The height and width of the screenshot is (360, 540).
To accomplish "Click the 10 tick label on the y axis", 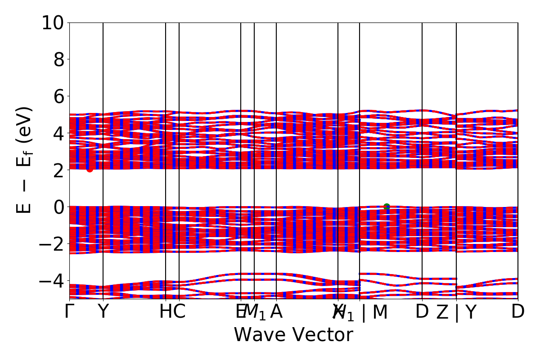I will [53, 22].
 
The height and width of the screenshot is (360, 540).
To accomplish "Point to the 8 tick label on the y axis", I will [59, 59].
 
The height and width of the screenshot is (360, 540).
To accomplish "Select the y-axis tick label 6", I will [59, 96].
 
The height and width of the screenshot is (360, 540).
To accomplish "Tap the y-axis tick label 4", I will [59, 133].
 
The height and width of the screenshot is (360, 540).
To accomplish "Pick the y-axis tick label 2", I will [59, 170].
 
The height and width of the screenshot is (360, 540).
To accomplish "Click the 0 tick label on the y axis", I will [59, 207].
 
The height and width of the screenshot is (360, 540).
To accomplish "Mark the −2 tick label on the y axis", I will [53, 244].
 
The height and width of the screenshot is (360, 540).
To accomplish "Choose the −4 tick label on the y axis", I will [53, 281].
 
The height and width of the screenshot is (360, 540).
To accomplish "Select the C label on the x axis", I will [179, 311].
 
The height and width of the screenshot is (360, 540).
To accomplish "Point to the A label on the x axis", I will [276, 311].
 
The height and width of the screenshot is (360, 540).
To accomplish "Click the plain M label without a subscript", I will [380, 311].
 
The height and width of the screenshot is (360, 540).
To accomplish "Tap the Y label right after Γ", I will [103, 311].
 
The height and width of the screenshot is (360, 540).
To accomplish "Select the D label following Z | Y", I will [518, 311].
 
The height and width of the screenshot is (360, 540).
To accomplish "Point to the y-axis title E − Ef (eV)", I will [25, 160].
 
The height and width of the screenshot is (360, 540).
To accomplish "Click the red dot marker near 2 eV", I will [90, 169].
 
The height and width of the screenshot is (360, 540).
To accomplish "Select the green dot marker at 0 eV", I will [387, 207].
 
